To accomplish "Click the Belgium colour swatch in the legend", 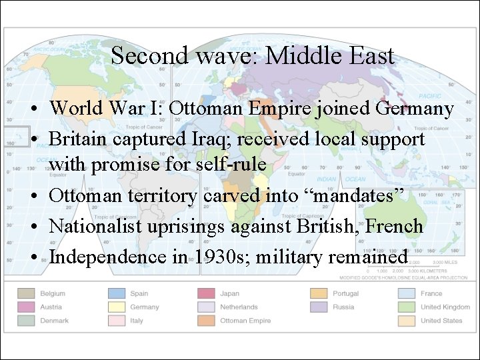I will click(x=27, y=293).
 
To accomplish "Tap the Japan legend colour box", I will click(x=207, y=293).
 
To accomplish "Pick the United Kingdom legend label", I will click(x=445, y=307).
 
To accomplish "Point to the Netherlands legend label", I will click(x=239, y=307).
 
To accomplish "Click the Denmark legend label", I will click(x=54, y=321).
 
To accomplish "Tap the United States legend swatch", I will click(x=407, y=321).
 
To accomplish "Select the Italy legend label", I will click(x=137, y=321).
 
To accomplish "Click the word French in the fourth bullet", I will click(x=394, y=226).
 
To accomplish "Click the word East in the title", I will click(x=372, y=55).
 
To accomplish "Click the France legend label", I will click(x=431, y=293).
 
